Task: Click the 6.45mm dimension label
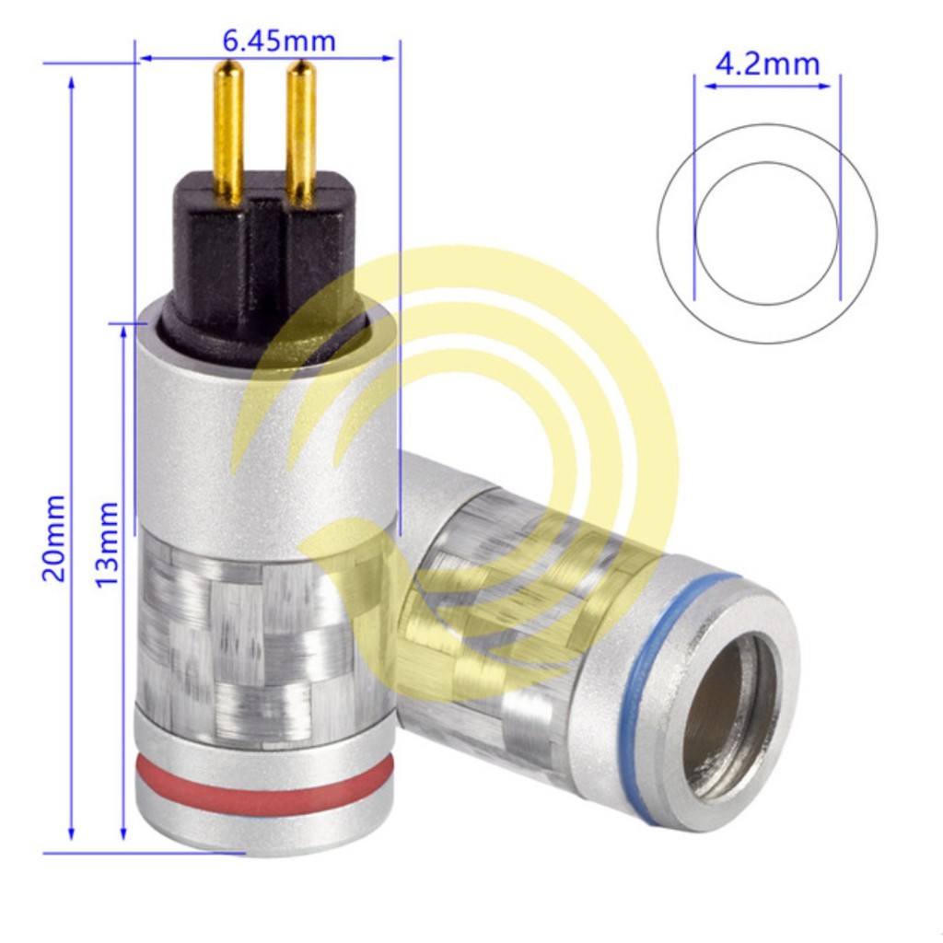(x=278, y=41)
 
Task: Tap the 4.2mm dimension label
(x=767, y=64)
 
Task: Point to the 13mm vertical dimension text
(x=107, y=543)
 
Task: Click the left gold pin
(x=228, y=134)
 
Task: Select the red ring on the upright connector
(x=263, y=781)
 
